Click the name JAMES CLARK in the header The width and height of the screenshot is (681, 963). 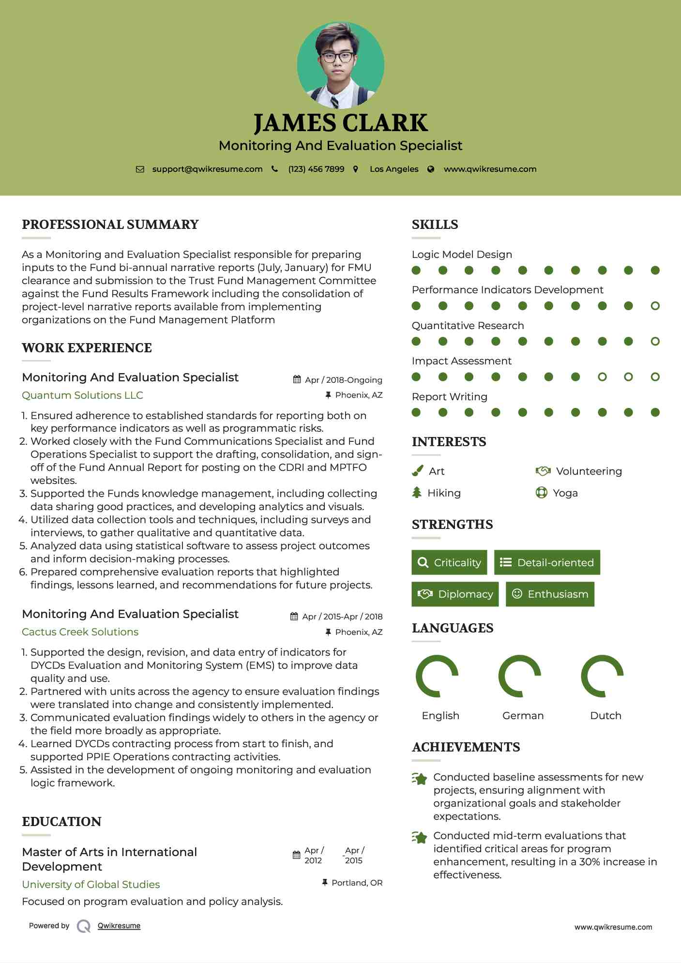[340, 123]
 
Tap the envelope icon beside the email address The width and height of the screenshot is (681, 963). [140, 169]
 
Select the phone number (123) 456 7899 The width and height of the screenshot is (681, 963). [316, 169]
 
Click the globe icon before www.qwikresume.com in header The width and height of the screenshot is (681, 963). [431, 169]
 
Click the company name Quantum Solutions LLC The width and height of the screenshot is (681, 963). [82, 395]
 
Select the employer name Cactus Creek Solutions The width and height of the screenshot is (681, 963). [80, 632]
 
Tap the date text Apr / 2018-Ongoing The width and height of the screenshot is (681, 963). [343, 380]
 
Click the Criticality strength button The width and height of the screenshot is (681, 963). [449, 562]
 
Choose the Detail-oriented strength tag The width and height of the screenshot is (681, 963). [547, 562]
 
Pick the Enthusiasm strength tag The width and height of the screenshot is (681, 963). [550, 594]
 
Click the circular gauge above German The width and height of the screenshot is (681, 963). [520, 676]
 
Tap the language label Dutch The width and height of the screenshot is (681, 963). [605, 716]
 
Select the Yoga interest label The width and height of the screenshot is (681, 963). [565, 493]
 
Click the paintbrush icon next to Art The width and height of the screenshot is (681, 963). [417, 471]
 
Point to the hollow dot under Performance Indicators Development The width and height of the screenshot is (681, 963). [655, 306]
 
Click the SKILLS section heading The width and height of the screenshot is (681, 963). [435, 225]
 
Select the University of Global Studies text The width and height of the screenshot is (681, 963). [91, 885]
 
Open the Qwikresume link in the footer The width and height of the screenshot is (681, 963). [119, 926]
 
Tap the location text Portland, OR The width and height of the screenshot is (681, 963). [357, 883]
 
